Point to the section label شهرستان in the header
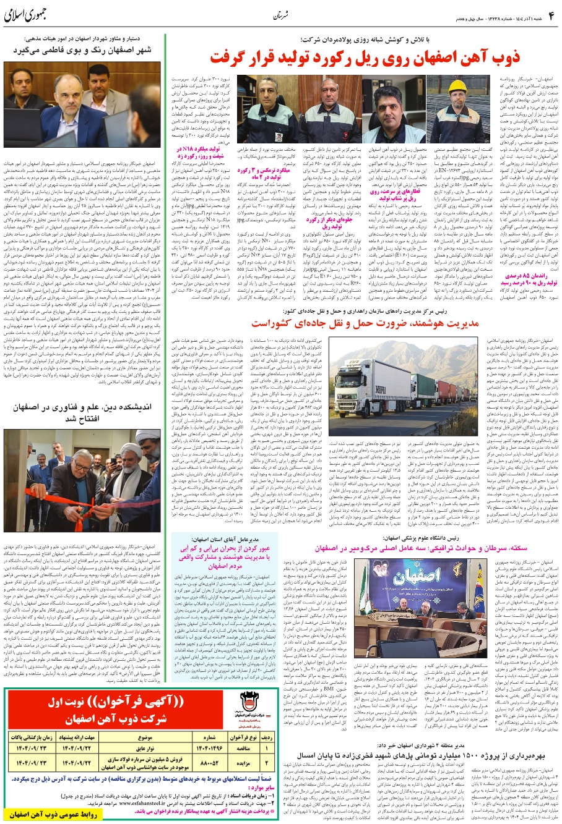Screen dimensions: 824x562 (282, 15)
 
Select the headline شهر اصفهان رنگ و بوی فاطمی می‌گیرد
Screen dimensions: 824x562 (84, 49)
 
